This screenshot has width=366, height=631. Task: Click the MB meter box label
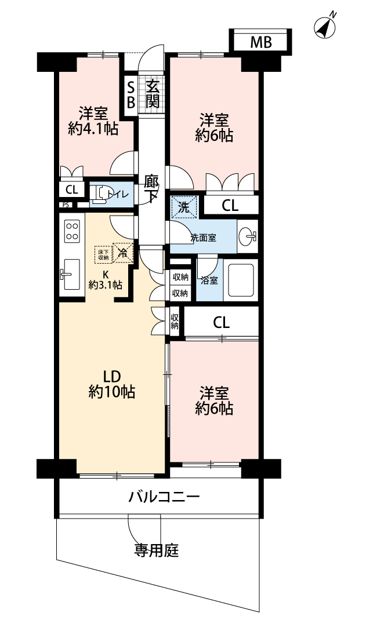[261, 42]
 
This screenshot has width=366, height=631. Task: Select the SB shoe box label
[131, 94]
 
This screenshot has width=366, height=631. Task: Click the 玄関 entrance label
[152, 94]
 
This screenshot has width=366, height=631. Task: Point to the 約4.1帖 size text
[93, 129]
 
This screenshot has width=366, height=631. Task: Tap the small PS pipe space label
[66, 205]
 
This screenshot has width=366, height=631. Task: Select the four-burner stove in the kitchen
[72, 231]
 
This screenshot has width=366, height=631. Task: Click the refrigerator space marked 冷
[123, 253]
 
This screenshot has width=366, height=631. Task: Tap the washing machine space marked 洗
[183, 207]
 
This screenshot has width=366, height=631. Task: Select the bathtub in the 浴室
[241, 280]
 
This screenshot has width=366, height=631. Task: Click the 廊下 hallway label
[152, 188]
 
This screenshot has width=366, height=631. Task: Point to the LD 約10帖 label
[111, 385]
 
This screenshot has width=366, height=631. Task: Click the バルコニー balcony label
[164, 497]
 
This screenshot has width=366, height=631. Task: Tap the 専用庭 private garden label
[156, 550]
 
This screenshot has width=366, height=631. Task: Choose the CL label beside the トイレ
[72, 189]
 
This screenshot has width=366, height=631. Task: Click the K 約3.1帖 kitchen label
[105, 280]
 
